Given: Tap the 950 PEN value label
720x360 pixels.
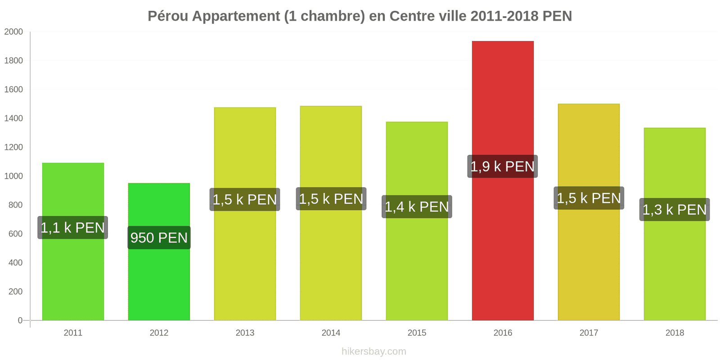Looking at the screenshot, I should click(159, 238).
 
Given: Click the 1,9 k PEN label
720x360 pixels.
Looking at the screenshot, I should click(502, 166).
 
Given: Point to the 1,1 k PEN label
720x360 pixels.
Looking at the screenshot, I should click(72, 228).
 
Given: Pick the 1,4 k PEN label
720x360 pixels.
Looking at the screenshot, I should click(417, 207).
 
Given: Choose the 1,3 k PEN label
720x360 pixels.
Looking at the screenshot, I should click(675, 210).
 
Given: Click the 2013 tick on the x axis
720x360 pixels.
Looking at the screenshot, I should click(245, 333).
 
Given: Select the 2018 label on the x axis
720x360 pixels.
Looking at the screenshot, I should click(675, 333).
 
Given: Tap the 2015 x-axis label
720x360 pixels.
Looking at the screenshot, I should click(417, 333).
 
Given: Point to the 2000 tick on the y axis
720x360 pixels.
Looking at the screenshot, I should click(13, 32).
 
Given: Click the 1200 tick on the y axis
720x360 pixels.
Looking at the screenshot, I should click(13, 147).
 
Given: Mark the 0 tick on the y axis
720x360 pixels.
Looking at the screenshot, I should click(20, 320).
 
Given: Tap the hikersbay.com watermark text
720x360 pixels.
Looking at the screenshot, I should click(373, 351).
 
